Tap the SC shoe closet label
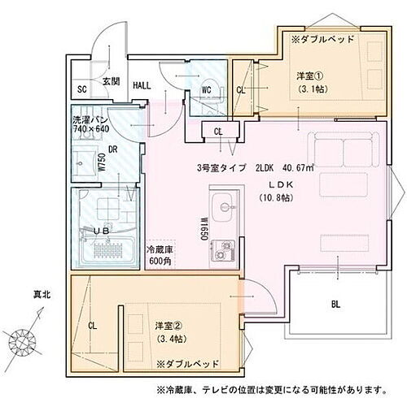click(x=82, y=89)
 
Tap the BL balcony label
click(x=336, y=305)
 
